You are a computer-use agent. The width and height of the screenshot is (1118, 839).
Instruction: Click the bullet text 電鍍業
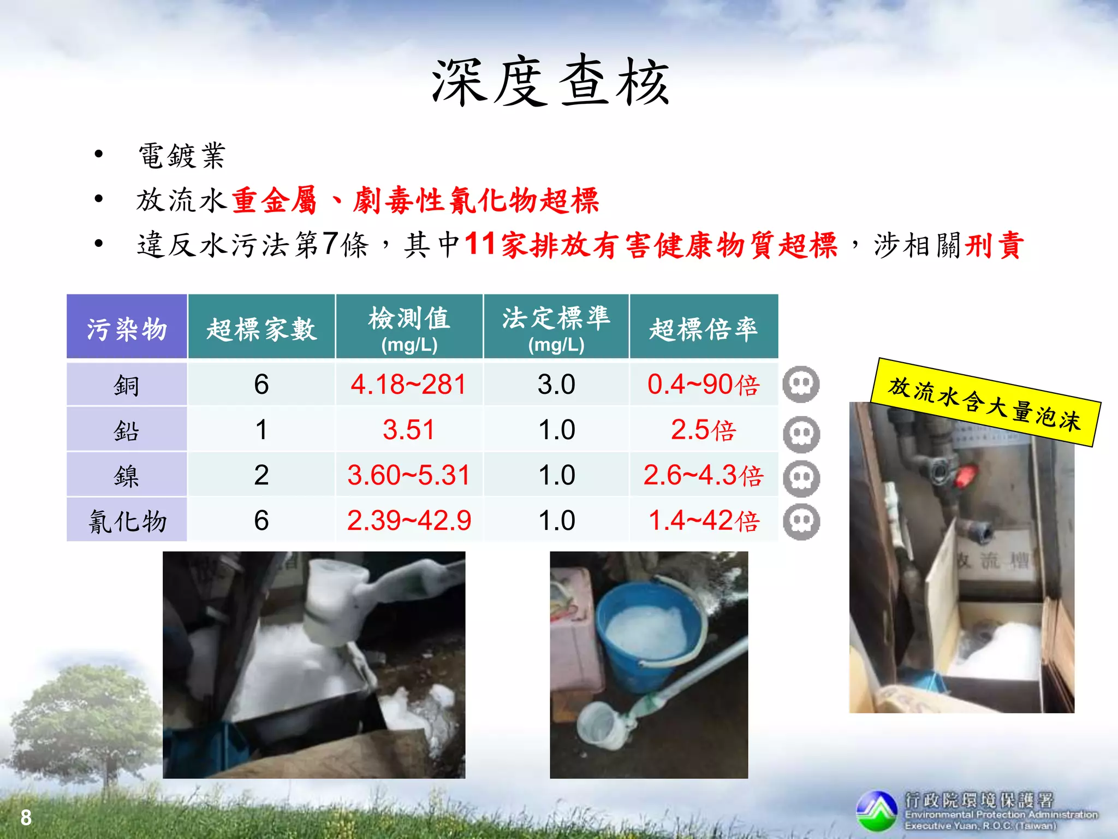pyautogui.click(x=182, y=156)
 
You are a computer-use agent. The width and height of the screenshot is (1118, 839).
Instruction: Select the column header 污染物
pyautogui.click(x=127, y=329)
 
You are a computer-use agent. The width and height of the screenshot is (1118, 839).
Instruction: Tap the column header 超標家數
pyautogui.click(x=261, y=329)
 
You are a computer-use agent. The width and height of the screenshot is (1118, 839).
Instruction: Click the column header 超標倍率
pyautogui.click(x=704, y=329)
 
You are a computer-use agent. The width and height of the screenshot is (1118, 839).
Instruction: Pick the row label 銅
pyautogui.click(x=127, y=385)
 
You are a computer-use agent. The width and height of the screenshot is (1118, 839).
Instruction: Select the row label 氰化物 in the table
pyautogui.click(x=127, y=521)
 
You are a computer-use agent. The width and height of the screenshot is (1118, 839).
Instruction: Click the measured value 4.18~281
pyautogui.click(x=408, y=385)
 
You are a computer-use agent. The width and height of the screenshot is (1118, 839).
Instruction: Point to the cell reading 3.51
pyautogui.click(x=408, y=430)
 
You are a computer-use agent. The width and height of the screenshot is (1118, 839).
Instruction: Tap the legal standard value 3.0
pyautogui.click(x=556, y=385)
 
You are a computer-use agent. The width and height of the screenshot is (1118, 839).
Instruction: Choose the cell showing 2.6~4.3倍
pyautogui.click(x=703, y=475)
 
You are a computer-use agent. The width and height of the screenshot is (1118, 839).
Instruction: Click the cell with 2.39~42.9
pyautogui.click(x=409, y=521)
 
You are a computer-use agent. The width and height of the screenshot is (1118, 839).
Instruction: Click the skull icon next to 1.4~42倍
pyautogui.click(x=801, y=522)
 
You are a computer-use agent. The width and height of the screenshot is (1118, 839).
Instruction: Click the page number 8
pyautogui.click(x=26, y=818)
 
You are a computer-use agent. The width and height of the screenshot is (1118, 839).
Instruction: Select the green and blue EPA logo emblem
pyautogui.click(x=877, y=811)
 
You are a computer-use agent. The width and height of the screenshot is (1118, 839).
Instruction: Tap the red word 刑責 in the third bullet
pyautogui.click(x=994, y=245)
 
